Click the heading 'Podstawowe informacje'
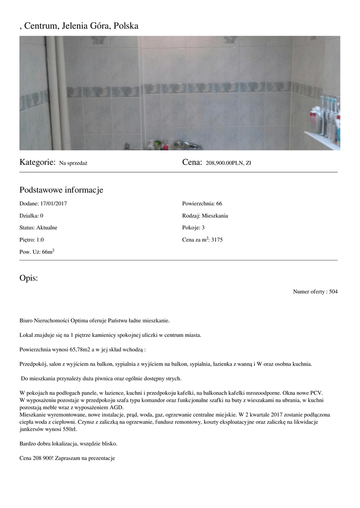coord(61,190)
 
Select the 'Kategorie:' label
coord(37,162)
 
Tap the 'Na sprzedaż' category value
coord(73,163)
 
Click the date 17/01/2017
coord(54,203)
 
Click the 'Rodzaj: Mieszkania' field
coord(205,216)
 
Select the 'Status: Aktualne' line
coord(38,228)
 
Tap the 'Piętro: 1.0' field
coord(32,240)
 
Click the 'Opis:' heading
coord(28,278)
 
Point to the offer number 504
coord(333,292)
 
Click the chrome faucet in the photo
coord(184,144)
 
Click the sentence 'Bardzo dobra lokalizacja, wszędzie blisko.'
coord(69,443)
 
